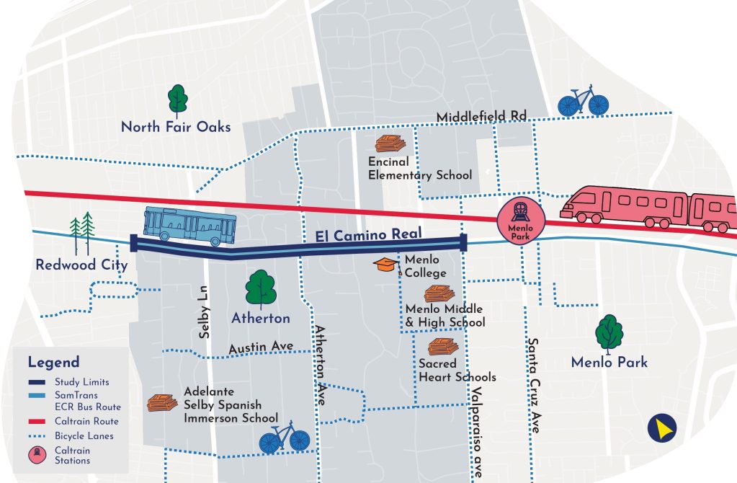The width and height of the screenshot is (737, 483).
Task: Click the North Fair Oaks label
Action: [176, 127]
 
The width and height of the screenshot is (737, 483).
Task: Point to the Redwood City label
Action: [81, 265]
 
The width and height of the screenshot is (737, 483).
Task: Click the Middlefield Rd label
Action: [481, 117]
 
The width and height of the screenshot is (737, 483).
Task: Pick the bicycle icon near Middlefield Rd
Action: [583, 101]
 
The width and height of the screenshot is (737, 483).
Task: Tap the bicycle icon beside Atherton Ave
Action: [284, 437]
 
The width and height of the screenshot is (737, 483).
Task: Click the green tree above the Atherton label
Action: [260, 289]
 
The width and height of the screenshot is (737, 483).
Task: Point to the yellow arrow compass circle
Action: [661, 428]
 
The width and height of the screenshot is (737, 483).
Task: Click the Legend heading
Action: [54, 362]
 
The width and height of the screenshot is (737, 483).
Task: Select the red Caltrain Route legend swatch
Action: [37, 421]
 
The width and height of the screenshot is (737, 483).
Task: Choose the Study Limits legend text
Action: [82, 382]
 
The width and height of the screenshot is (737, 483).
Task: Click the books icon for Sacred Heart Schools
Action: [442, 347]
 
